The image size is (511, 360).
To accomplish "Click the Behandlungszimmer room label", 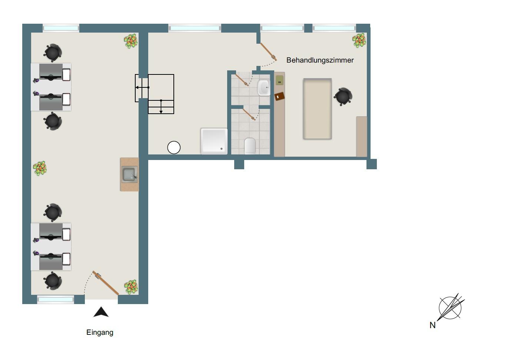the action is (320, 60).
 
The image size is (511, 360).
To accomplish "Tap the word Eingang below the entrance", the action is (100, 333).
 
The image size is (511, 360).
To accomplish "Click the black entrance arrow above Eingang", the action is (101, 312).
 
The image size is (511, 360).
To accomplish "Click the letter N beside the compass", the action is (432, 325).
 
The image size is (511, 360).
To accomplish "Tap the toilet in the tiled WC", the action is (250, 146).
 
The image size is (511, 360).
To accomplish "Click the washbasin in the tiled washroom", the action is (264, 87).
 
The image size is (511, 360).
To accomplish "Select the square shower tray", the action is (214, 141).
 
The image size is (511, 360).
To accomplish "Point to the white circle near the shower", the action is (174, 147).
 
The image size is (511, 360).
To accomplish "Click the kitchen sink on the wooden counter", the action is (130, 174).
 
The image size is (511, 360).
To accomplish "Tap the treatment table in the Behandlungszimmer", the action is (317, 109).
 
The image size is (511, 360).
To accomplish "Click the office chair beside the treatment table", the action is (343, 96).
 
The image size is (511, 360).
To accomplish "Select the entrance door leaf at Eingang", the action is (106, 283).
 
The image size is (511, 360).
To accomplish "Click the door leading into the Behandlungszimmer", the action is (269, 51).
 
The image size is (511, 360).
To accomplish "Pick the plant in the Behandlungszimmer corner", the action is (359, 40).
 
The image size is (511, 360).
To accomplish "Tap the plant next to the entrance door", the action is (131, 287).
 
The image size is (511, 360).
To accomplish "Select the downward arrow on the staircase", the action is (161, 106).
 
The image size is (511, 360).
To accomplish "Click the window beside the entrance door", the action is (56, 299).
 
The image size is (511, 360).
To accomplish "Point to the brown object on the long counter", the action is (279, 96).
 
